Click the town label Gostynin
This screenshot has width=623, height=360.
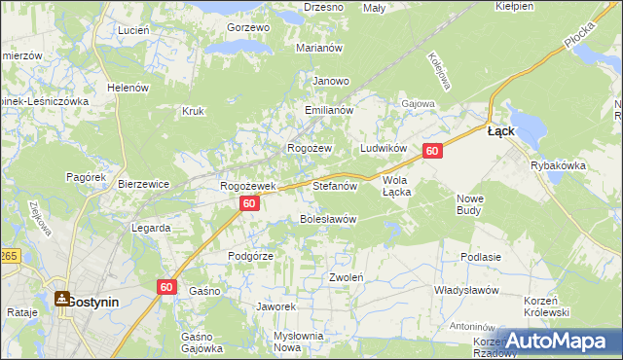point(92,302)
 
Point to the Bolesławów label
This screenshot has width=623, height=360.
point(327,219)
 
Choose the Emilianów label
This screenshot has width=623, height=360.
point(328,110)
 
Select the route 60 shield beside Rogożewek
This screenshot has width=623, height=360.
point(250,203)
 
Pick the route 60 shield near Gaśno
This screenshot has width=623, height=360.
point(166,286)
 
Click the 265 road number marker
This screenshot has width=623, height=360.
point(9,255)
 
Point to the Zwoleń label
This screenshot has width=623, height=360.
point(347,277)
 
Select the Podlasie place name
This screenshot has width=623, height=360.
point(482,257)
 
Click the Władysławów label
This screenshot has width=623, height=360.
point(466,290)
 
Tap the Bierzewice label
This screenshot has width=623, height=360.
point(144,183)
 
